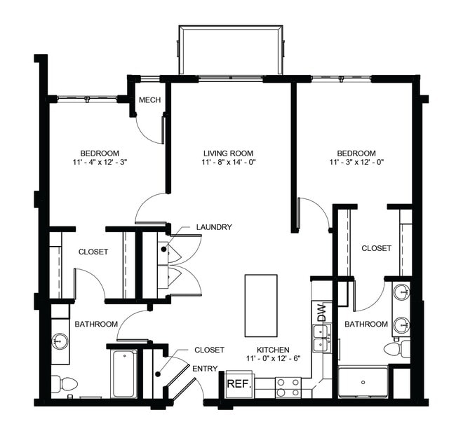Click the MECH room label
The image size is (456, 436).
coord(149,100)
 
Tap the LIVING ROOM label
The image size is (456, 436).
coord(228,154)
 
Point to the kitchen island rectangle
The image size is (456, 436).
coord(261,305)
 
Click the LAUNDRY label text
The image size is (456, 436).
coord(214,227)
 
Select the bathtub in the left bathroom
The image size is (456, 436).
coord(124,373)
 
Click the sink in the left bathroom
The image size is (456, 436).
coord(59,342)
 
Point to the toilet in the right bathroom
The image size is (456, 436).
coord(396,348)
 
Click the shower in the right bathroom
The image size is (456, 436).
coord(363,382)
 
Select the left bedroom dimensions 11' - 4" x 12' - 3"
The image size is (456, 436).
coord(99,162)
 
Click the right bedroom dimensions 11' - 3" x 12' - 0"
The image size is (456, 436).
coord(356,162)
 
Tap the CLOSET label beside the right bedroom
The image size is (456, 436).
coord(376,248)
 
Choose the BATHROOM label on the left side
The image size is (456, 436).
coord(96,324)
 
